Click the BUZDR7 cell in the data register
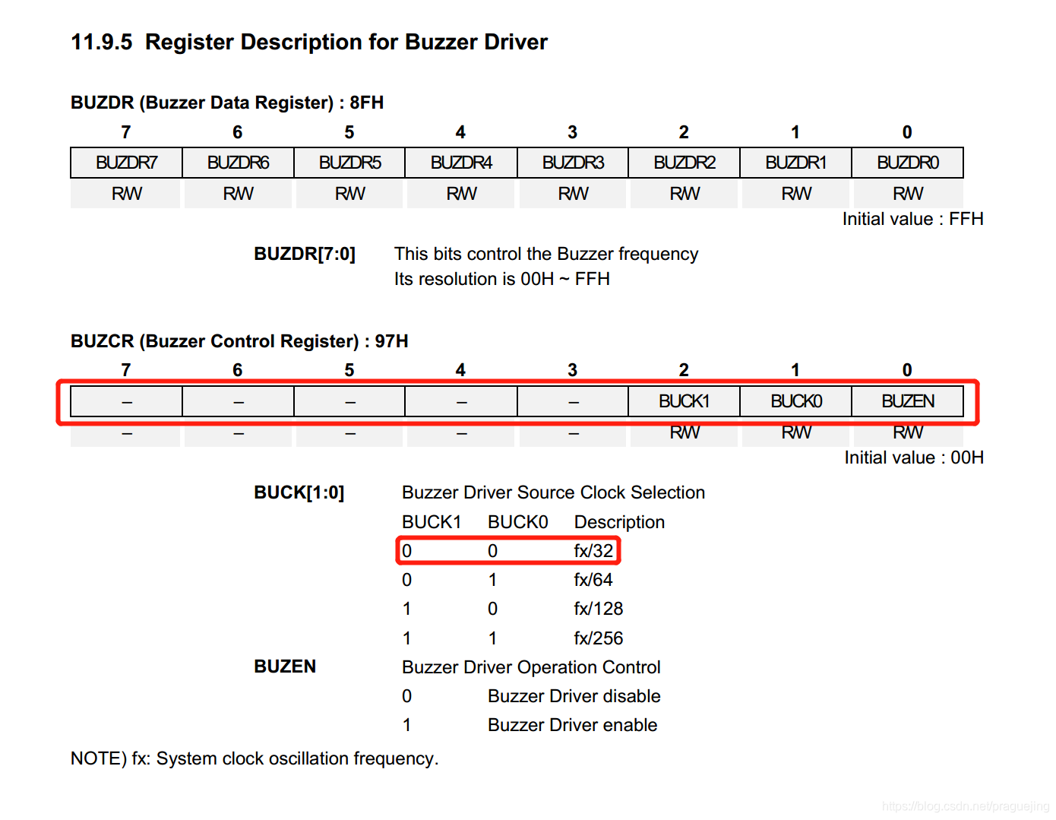click(126, 163)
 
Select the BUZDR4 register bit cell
click(461, 163)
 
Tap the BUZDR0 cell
click(908, 163)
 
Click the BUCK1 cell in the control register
click(684, 401)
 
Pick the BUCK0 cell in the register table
click(796, 401)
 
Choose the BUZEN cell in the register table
click(908, 401)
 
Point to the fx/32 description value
click(593, 551)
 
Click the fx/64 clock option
click(593, 580)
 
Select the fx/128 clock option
click(598, 609)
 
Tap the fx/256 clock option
click(598, 638)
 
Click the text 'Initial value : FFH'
click(912, 219)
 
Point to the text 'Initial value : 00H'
click(914, 457)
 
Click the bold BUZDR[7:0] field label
click(305, 254)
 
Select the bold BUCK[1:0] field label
click(299, 492)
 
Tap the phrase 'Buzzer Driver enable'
click(572, 725)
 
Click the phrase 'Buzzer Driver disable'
click(574, 696)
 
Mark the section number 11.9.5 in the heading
click(101, 42)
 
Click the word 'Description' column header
click(619, 522)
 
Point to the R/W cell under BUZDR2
click(684, 194)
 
